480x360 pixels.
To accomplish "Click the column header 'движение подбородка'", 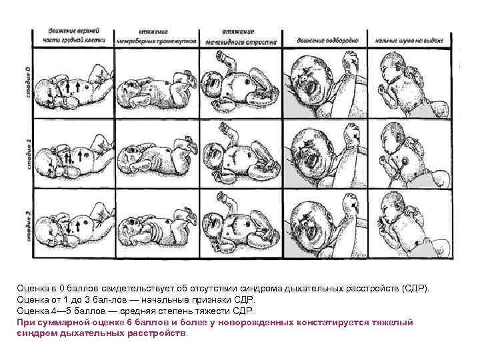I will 324,41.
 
